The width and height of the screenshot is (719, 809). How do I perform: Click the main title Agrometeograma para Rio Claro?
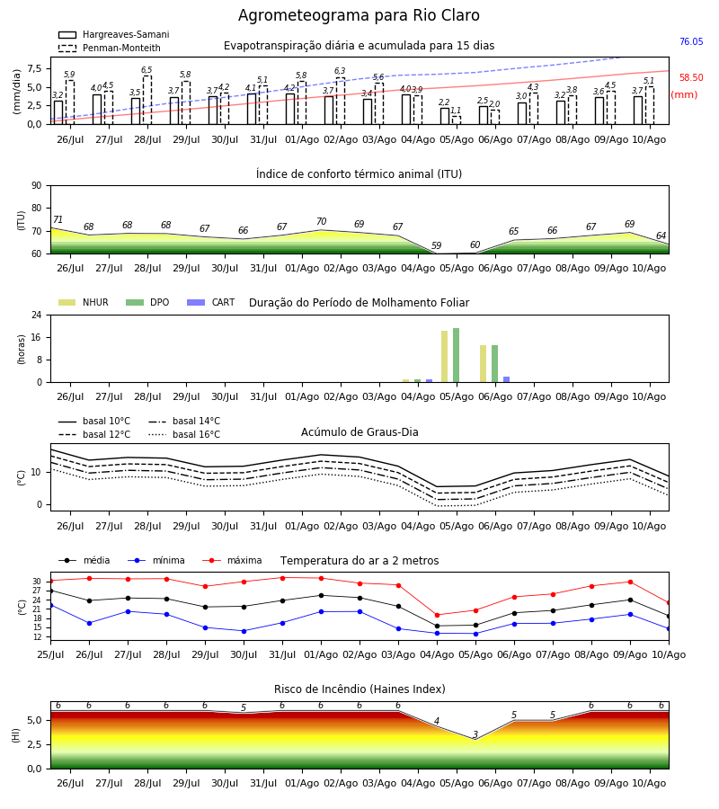point(359,15)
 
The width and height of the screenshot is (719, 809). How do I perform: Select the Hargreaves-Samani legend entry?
point(114,34)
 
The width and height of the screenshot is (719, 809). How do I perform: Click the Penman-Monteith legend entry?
point(110,48)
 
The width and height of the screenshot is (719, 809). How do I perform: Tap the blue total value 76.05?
point(691,41)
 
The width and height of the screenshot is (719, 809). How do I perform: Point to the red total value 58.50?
point(691,78)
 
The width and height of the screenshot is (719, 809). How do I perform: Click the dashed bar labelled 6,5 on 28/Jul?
point(147,100)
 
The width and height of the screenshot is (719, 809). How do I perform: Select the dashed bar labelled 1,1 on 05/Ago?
point(457,120)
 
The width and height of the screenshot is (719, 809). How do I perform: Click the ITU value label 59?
point(437,245)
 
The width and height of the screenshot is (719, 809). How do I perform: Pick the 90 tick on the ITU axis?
point(37,186)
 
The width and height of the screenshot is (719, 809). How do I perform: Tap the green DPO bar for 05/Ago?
point(456,355)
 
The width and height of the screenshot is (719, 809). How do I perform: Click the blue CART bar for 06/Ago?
point(507,379)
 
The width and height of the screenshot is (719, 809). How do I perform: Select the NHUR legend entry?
point(84,302)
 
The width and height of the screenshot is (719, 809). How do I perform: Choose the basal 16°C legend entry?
point(184,434)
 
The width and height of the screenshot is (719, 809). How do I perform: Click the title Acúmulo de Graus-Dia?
point(359,432)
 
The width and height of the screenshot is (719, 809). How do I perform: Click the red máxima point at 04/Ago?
point(438,615)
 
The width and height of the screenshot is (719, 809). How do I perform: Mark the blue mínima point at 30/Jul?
point(244,631)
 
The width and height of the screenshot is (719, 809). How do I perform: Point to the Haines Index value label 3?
point(475,734)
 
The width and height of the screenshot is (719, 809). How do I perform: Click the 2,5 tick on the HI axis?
point(34,744)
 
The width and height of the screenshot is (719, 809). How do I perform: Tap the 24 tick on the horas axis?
point(38,315)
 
